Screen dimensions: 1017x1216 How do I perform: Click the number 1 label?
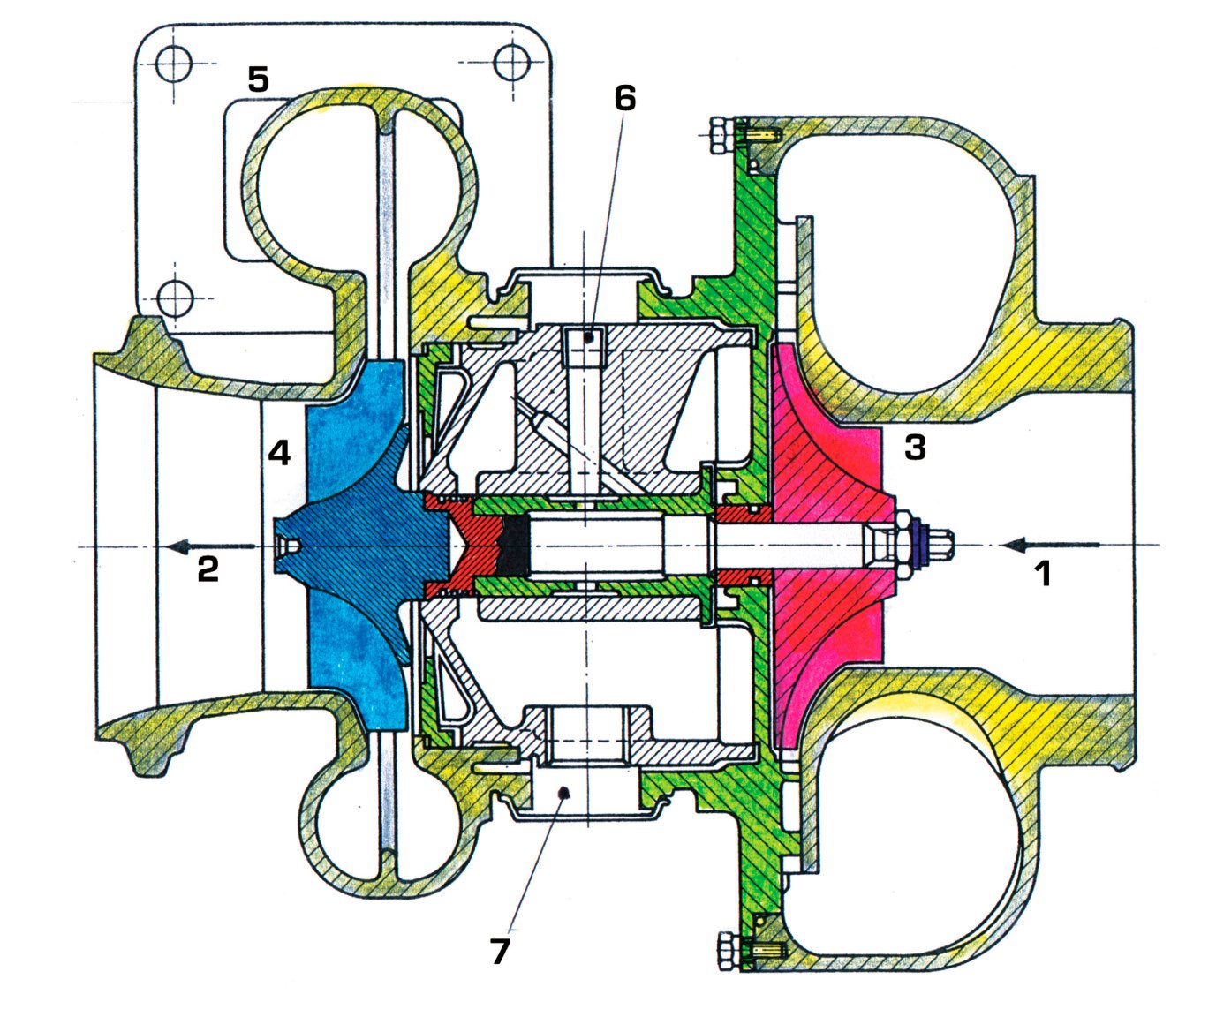pyautogui.click(x=1043, y=575)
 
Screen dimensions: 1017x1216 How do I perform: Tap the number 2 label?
pyautogui.click(x=208, y=569)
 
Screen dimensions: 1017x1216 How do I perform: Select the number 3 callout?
pyautogui.click(x=915, y=448)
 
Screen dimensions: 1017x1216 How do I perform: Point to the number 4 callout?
pyautogui.click(x=279, y=453)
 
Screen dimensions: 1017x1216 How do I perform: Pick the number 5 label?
pyautogui.click(x=258, y=79)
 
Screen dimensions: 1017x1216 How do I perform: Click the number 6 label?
pyautogui.click(x=625, y=99)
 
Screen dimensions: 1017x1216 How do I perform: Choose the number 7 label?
pyautogui.click(x=500, y=951)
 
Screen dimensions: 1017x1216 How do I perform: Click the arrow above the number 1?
pyautogui.click(x=1050, y=544)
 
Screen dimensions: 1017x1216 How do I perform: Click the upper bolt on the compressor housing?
pyautogui.click(x=720, y=135)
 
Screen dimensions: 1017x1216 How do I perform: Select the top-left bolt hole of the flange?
pyautogui.click(x=174, y=63)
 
